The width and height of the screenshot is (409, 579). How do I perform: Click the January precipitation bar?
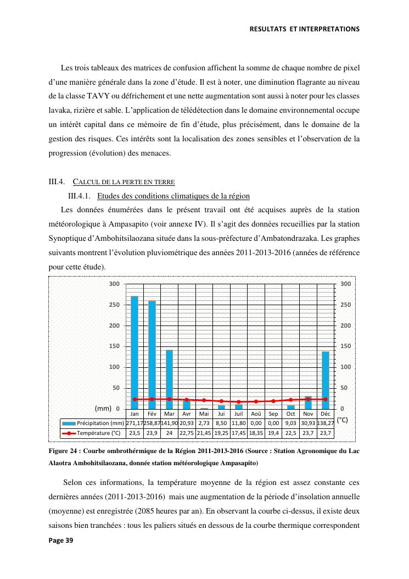click(135, 352)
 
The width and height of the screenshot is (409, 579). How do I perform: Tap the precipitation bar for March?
click(169, 379)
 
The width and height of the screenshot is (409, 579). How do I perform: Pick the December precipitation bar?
click(326, 380)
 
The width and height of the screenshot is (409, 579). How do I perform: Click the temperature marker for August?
click(256, 401)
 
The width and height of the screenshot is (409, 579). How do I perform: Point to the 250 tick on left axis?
click(114, 305)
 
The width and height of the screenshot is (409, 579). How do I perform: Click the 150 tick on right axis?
click(345, 346)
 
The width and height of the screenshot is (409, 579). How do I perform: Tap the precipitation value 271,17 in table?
click(135, 423)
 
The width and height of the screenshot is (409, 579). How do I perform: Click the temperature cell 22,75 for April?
click(187, 433)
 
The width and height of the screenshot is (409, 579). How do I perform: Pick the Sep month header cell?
click(273, 413)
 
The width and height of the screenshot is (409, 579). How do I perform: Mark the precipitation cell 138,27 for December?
click(326, 423)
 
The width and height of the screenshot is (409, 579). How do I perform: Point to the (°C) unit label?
click(342, 420)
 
